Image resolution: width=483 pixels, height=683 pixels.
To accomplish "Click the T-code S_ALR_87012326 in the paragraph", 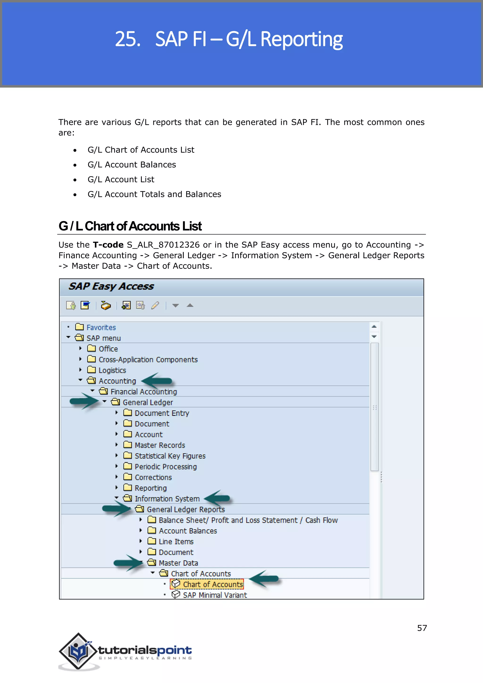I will point(163,245).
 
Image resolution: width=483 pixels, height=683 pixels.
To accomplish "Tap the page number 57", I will point(422,628).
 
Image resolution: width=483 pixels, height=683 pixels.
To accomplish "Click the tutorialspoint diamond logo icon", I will point(78,651).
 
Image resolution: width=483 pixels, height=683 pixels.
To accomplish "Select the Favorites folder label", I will point(101,328).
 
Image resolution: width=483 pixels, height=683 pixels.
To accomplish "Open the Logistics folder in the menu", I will point(112,370).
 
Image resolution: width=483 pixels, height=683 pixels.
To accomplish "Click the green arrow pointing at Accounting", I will point(157,381).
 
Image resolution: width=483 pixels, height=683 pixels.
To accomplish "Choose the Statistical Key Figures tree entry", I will point(170,456).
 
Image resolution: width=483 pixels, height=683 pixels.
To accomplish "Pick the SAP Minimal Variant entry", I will point(215,595).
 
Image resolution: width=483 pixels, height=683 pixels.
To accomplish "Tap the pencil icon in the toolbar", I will point(155,305).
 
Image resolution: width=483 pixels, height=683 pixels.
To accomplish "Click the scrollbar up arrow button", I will point(374,327).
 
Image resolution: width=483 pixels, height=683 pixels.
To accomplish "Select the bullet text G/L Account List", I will point(121,179).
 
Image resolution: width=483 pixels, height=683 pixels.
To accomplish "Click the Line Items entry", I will point(176,542).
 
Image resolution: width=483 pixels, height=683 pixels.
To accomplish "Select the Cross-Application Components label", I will point(148,360).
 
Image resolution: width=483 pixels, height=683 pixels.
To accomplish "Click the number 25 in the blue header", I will point(128,39).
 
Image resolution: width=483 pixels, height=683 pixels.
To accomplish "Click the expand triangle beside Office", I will point(80,348).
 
